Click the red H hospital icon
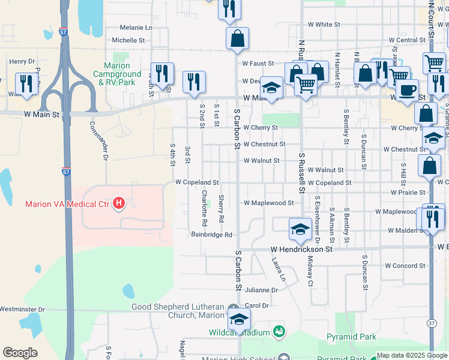pyautogui.click(x=119, y=204)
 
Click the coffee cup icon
pyautogui.click(x=407, y=90)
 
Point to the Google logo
pyautogui.click(x=20, y=352)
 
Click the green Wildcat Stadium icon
pyautogui.click(x=278, y=332)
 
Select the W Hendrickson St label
pyautogui.click(x=301, y=249)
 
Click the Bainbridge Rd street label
pyautogui.click(x=211, y=235)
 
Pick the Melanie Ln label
pyautogui.click(x=136, y=28)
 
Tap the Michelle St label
pyautogui.click(x=128, y=40)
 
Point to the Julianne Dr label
pyautogui.click(x=261, y=290)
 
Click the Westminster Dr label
pyautogui.click(x=22, y=310)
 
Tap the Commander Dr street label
pyautogui.click(x=98, y=141)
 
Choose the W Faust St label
pyautogui.click(x=258, y=63)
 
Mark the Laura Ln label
pyautogui.click(x=277, y=270)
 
